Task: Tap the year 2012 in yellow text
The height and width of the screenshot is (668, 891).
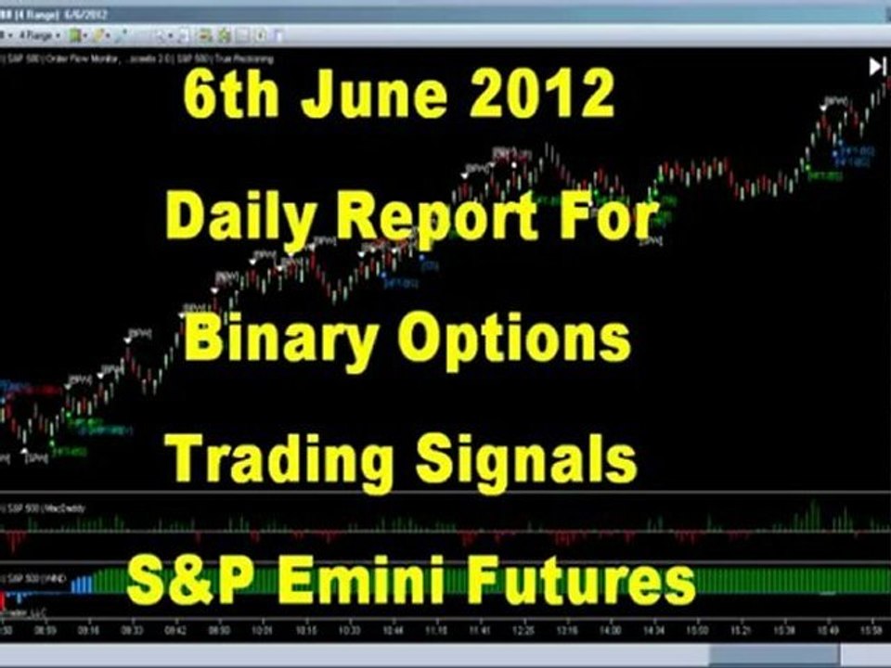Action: coord(538,96)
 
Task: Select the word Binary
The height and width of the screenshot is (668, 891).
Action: coord(279,340)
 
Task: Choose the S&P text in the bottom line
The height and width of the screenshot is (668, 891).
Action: coord(187,581)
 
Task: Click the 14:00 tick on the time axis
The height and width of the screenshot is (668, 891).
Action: coord(609,628)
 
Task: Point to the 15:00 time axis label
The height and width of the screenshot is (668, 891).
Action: coord(698,628)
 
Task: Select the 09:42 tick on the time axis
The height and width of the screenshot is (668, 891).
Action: coord(174,628)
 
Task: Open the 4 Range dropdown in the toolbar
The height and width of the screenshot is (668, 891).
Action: coord(42,35)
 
